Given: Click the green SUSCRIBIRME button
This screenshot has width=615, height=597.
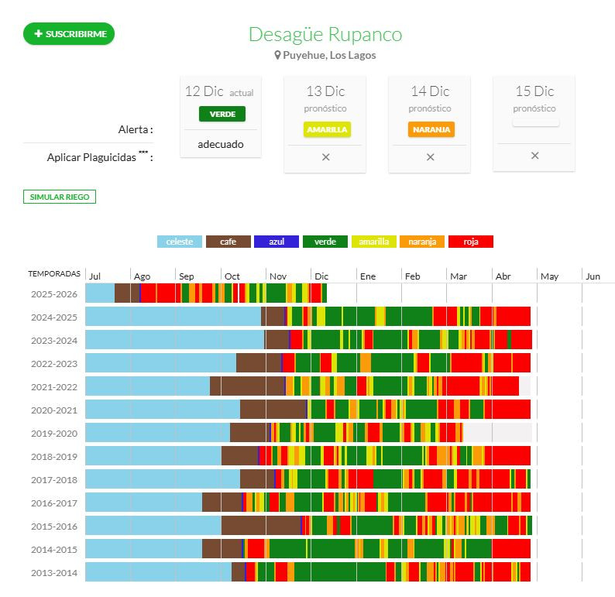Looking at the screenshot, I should [x=69, y=34].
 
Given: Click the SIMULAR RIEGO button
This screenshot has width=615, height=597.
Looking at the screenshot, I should [x=60, y=197].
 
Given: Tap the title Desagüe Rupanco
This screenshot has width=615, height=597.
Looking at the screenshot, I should [x=325, y=35].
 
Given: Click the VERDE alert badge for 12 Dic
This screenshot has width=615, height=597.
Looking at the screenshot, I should [x=222, y=114].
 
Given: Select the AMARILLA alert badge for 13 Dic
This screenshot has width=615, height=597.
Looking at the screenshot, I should [x=326, y=129].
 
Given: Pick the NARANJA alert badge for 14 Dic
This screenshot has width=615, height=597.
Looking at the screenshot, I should [x=431, y=129].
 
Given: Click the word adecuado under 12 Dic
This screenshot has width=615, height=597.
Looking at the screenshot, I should [x=221, y=144].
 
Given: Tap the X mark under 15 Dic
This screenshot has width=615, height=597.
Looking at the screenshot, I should [x=534, y=156].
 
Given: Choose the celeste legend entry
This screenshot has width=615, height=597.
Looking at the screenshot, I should [x=180, y=242].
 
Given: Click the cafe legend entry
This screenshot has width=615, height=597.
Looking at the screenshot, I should [x=228, y=242].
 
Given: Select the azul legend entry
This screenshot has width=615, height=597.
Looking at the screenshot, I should [x=277, y=242].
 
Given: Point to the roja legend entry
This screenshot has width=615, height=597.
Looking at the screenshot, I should [x=471, y=242].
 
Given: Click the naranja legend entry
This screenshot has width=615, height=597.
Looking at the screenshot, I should [x=422, y=242].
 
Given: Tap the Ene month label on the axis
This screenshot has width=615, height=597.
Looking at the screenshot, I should [x=368, y=276].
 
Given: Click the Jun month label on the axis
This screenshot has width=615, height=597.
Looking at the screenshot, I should [x=593, y=276].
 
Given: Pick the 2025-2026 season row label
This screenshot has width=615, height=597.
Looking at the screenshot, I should [x=54, y=293].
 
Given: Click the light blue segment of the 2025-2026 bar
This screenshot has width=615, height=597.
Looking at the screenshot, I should [x=100, y=293].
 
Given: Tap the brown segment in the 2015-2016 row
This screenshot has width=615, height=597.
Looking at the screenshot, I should [x=260, y=526].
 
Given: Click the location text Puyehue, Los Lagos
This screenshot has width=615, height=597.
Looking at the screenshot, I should [x=329, y=55].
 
